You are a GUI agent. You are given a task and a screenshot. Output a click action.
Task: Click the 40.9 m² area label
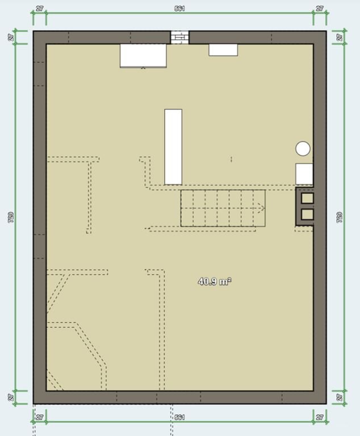(x=215, y=282)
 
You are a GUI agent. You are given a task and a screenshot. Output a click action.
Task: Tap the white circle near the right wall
(x=303, y=149)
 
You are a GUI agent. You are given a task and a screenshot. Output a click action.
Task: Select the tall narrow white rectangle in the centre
(x=173, y=147)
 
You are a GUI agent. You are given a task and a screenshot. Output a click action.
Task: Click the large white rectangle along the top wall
(x=143, y=56)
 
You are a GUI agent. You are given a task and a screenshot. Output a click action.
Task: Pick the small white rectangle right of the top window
(x=223, y=50)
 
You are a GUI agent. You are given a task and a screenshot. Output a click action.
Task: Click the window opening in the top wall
(x=179, y=37)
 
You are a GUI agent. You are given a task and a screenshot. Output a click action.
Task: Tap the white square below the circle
(x=304, y=174)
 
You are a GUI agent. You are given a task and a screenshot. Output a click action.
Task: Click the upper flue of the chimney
(x=307, y=198)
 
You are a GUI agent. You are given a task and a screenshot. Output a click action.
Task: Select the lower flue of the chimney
(x=307, y=214)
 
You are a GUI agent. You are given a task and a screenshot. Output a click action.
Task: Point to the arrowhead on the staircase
(x=262, y=207)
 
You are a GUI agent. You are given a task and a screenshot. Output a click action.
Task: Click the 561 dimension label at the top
(x=180, y=9)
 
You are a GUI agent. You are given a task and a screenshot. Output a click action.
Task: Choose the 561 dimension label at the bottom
(x=180, y=417)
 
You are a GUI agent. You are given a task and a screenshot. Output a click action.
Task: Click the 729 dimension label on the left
(x=11, y=217)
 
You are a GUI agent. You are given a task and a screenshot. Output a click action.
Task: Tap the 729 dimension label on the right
(x=340, y=217)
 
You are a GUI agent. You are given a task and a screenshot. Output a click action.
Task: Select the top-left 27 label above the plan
(x=40, y=9)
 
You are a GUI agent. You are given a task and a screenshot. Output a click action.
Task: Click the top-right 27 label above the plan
(x=320, y=9)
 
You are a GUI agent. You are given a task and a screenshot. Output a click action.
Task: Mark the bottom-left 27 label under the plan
(x=40, y=417)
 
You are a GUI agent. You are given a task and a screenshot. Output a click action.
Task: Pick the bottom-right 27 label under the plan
(x=320, y=417)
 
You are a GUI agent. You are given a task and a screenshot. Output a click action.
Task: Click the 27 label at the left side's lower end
(x=11, y=397)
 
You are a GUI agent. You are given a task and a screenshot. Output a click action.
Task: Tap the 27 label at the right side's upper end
(x=340, y=37)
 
